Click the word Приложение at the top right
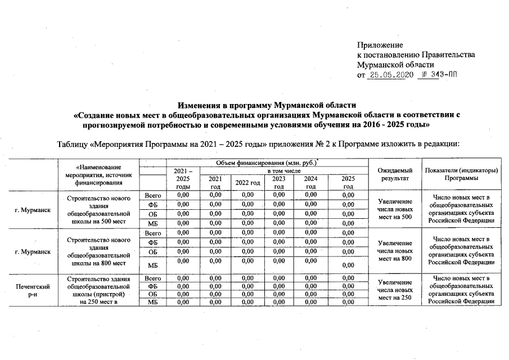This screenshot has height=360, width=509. (x=380, y=44)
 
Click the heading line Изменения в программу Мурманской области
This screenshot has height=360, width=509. (x=267, y=105)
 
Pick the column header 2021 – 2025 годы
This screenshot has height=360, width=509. (x=183, y=178)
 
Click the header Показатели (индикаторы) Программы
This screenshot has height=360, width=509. (x=462, y=174)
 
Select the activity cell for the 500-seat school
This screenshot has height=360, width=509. (x=98, y=210)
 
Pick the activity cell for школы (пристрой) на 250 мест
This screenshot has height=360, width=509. (x=98, y=290)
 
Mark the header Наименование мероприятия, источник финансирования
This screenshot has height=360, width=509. (x=98, y=174)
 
